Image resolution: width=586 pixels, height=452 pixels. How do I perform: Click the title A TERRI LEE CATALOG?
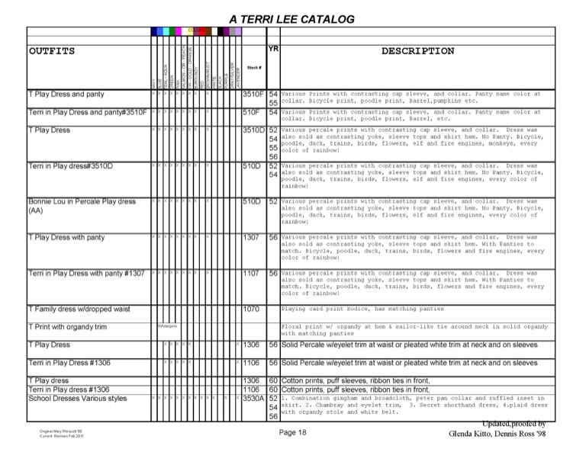(x=292, y=19)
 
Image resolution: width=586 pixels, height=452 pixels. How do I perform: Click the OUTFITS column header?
(x=52, y=51)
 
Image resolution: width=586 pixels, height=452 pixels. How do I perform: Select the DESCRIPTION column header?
(x=417, y=51)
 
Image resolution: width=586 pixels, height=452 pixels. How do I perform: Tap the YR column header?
(x=274, y=48)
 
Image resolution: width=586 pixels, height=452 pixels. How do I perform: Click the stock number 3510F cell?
(x=253, y=95)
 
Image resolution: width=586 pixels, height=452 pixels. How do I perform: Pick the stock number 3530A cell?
(x=253, y=398)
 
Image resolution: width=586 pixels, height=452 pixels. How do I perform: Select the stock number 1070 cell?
(x=252, y=309)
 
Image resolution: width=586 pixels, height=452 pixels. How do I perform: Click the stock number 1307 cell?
(x=252, y=238)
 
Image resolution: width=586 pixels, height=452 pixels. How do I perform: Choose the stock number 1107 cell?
(x=252, y=273)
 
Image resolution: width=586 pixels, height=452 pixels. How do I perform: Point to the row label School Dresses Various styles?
(x=77, y=398)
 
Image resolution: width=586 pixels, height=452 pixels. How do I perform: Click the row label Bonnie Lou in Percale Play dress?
(x=82, y=202)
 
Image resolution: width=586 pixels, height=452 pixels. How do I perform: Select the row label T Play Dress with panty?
(x=66, y=238)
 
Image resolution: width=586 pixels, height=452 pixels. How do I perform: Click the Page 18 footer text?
(x=292, y=432)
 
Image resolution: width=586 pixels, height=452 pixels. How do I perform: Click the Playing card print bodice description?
(x=352, y=309)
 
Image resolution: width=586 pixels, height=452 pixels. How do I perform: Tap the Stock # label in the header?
(x=254, y=68)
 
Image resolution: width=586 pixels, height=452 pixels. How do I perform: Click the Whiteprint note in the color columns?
(x=167, y=325)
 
